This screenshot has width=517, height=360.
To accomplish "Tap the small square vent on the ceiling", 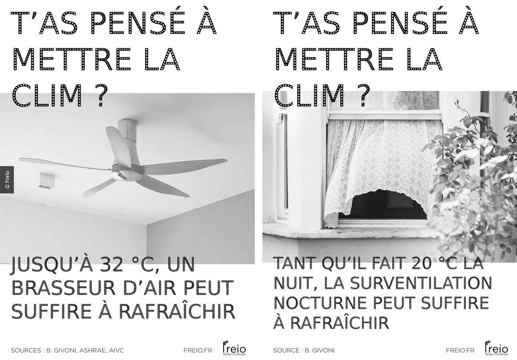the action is (x=46, y=181).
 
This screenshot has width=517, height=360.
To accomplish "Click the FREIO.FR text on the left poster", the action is (x=198, y=350).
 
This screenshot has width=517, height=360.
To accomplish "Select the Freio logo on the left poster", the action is (x=234, y=348).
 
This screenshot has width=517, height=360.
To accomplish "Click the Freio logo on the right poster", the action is (x=496, y=348).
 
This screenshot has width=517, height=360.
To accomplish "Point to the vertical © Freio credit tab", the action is (x=7, y=180).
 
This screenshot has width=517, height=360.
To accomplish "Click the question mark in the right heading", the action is (x=362, y=95).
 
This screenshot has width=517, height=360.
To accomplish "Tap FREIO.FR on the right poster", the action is (x=460, y=350).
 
